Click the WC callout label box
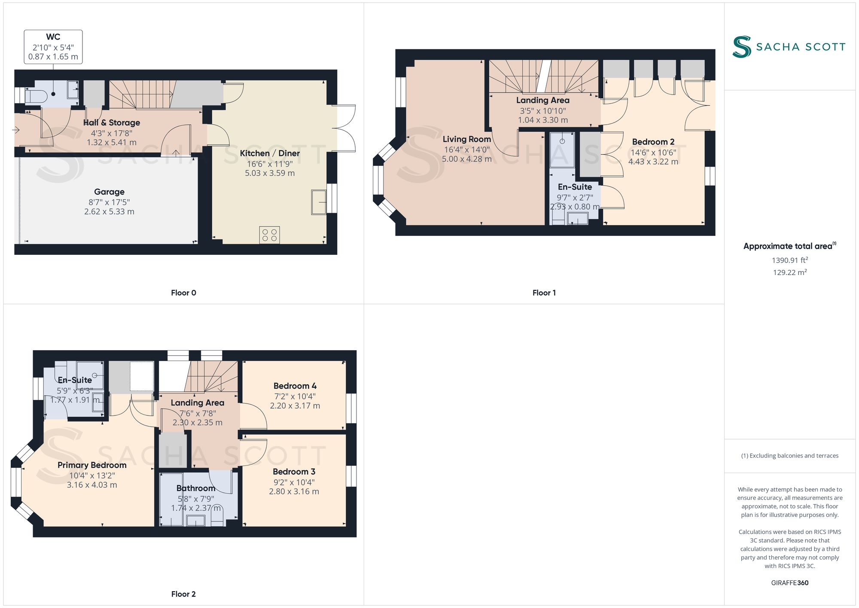tap(53, 47)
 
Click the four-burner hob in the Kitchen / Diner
tap(269, 235)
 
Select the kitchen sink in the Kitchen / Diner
tap(319, 202)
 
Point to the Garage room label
tap(109, 192)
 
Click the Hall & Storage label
tap(112, 123)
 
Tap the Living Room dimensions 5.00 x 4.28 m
tap(467, 159)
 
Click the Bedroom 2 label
tap(653, 142)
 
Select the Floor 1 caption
tap(544, 293)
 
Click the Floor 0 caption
tap(183, 293)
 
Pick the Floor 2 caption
tap(183, 594)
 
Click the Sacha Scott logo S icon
tap(742, 47)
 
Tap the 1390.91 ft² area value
tap(789, 260)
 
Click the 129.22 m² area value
tap(789, 272)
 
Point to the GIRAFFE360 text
tap(789, 583)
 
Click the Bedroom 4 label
tap(295, 386)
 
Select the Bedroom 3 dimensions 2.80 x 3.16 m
tap(294, 492)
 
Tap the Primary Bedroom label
tap(92, 465)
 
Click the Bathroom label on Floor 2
tap(196, 489)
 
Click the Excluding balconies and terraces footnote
tap(789, 456)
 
